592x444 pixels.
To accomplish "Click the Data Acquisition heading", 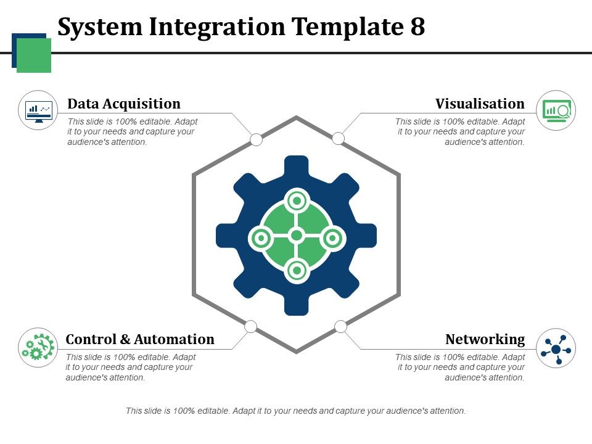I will coord(124,104).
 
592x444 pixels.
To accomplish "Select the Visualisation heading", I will coord(480,104).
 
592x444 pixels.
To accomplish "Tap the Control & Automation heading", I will coord(140,339).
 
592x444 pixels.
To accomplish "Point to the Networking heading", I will coord(485,339).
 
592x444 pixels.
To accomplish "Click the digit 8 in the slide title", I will coord(416,27).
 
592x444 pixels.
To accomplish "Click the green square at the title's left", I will coord(34,55).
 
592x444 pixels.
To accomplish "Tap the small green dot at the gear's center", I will coord(297,236).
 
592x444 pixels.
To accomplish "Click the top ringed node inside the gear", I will coord(297,200).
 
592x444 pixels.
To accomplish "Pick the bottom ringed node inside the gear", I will coord(297,270).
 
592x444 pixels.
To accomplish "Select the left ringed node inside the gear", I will coord(261,237).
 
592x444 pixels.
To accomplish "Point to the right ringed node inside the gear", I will coord(332,237).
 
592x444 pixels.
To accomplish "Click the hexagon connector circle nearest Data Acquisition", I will coord(256,140).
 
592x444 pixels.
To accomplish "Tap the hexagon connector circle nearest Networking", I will coord(340,326).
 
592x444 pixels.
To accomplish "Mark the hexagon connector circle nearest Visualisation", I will coord(338,139).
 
